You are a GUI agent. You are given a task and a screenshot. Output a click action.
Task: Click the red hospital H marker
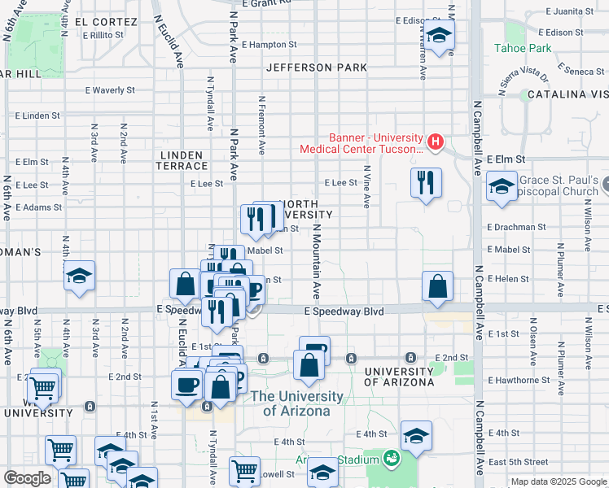pyautogui.click(x=435, y=142)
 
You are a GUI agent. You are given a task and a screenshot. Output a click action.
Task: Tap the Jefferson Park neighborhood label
pyautogui.click(x=317, y=68)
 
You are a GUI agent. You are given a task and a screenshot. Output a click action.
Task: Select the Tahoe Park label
pyautogui.click(x=523, y=48)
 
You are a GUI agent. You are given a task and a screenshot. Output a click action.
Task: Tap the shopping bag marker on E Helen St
pyautogui.click(x=437, y=287)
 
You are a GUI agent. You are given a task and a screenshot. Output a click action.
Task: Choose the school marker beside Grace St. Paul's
pyautogui.click(x=502, y=187)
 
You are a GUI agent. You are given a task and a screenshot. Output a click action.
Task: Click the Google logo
pyautogui.click(x=27, y=478)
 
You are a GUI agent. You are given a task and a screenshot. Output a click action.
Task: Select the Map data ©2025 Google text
pyautogui.click(x=558, y=481)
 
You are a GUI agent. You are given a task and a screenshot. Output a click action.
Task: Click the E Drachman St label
pyautogui.click(x=516, y=227)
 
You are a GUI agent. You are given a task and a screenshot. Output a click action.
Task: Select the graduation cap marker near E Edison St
pyautogui.click(x=439, y=35)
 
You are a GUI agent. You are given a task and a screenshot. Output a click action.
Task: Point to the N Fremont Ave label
pyautogui.click(x=262, y=126)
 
